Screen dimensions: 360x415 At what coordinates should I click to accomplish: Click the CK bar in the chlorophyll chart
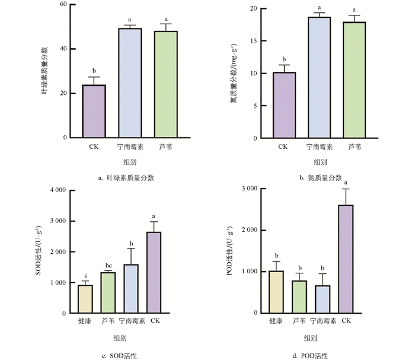tap(94, 111)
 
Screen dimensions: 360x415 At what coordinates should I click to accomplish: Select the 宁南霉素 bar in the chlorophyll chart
tap(129, 83)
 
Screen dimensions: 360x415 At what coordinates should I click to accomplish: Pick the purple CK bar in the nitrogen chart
tap(283, 105)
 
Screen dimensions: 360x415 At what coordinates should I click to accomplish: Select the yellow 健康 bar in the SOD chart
tap(85, 299)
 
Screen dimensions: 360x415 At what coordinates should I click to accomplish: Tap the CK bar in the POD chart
tap(347, 259)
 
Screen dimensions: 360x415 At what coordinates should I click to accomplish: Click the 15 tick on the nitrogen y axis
tap(253, 42)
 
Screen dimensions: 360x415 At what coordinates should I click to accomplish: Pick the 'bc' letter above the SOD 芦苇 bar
tap(107, 265)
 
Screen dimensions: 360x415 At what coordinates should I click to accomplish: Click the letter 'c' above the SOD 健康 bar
tap(85, 275)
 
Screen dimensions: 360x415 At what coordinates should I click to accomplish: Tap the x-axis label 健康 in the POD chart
tap(276, 321)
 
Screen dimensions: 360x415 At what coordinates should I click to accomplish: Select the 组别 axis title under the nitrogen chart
tap(320, 161)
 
